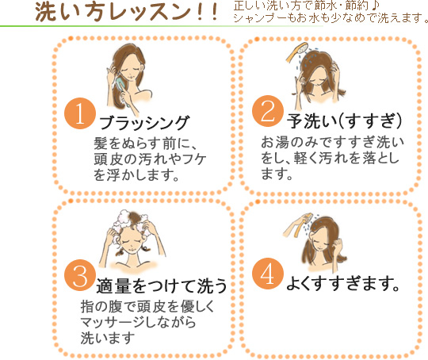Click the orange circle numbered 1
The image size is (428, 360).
[80, 114]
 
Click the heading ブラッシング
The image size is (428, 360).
[144, 123]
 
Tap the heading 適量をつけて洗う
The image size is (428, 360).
[162, 285]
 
